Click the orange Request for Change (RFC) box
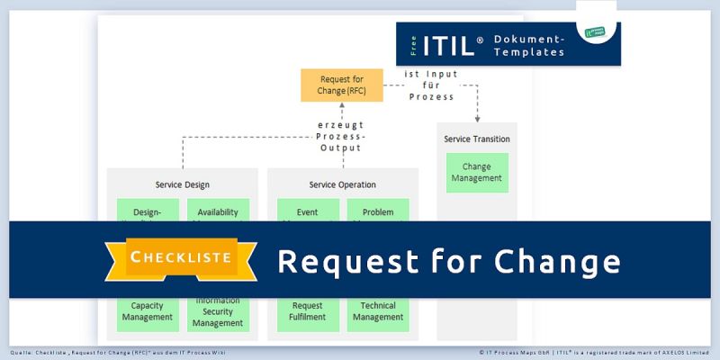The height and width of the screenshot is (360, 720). tap(341, 86)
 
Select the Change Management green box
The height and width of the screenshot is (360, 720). tap(477, 173)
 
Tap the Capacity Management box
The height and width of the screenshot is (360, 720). tap(147, 311)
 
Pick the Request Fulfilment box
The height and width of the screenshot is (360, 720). tap(308, 311)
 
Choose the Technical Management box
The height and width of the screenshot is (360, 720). tap(378, 311)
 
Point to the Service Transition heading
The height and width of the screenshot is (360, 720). tap(477, 139)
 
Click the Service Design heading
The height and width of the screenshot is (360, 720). tap(182, 184)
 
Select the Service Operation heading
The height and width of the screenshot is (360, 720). tap(343, 184)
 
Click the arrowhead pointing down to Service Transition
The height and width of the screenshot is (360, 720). tap(478, 118)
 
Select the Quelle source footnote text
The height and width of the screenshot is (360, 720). tap(118, 352)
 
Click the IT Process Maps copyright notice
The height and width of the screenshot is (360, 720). tap(595, 352)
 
